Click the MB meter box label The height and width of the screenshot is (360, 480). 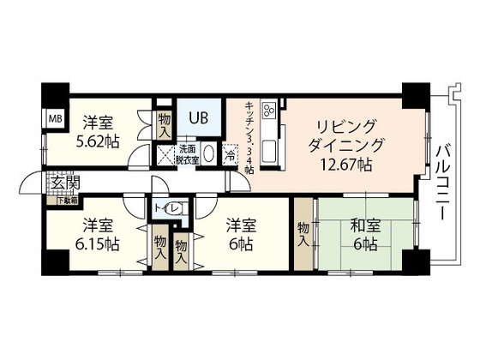[x=53, y=118]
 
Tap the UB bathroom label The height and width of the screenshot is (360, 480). [x=199, y=117]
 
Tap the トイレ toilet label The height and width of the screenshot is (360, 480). [x=166, y=208]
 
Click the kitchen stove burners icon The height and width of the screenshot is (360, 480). [x=268, y=111]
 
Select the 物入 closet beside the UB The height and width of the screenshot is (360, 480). [x=165, y=124]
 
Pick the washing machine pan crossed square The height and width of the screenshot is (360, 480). [x=164, y=155]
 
